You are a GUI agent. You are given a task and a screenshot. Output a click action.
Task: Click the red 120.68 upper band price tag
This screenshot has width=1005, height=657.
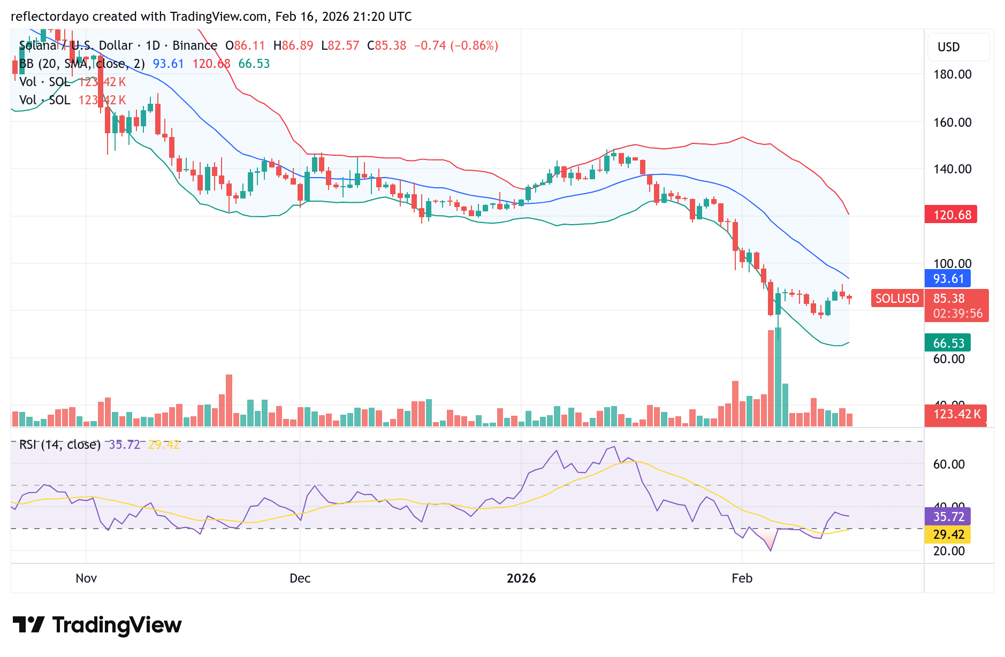[x=950, y=215]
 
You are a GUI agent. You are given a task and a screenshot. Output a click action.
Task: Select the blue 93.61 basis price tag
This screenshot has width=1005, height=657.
[x=947, y=279]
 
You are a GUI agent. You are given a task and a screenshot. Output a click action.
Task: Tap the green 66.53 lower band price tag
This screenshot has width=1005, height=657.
[x=947, y=343]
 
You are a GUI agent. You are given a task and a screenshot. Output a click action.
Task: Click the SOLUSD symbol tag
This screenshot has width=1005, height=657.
[x=896, y=299]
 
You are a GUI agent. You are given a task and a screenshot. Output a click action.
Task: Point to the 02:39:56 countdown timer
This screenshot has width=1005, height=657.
[x=957, y=314]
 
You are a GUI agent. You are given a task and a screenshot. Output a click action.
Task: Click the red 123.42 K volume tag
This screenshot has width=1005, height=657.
[x=956, y=414]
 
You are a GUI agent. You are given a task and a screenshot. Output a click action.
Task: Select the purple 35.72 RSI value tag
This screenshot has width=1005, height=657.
[x=947, y=517]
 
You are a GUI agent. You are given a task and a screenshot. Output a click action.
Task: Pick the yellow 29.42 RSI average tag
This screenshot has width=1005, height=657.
[x=947, y=534]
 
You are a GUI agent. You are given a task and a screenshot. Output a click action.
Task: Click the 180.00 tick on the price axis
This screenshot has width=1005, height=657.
[x=952, y=75]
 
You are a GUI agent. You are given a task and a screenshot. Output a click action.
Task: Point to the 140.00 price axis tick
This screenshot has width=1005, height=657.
[x=952, y=170]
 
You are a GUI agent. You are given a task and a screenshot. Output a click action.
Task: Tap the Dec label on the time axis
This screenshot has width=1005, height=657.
[x=300, y=578]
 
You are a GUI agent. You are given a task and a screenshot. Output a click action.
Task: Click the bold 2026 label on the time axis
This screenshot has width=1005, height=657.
[x=521, y=578]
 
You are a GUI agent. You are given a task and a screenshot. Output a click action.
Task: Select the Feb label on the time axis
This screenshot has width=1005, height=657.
[x=742, y=578]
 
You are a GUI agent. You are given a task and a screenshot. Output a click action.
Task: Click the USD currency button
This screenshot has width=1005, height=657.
[x=949, y=47]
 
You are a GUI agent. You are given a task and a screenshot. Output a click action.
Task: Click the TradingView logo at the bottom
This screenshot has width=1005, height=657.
[x=97, y=625]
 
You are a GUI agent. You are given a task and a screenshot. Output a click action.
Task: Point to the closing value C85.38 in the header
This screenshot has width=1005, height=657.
[x=386, y=45]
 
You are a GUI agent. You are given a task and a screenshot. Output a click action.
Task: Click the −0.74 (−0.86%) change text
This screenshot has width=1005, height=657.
[x=456, y=45]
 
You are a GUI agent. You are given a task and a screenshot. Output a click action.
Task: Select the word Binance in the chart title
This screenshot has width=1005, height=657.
[x=195, y=45]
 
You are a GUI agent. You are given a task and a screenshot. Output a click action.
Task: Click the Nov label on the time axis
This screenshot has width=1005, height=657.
[x=86, y=578]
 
